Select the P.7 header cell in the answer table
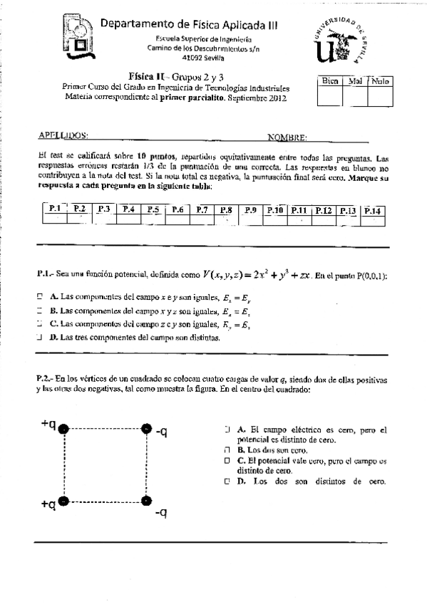202,209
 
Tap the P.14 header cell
373,210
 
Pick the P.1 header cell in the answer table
54,209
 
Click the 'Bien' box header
329,81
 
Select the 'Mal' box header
354,81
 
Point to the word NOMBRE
287,136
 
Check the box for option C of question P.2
227,461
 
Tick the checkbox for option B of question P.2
227,451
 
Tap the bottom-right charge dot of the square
147,501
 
